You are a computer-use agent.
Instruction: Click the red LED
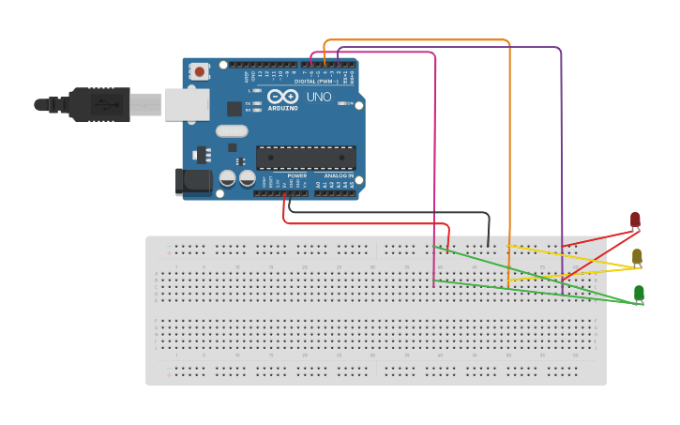[x=635, y=220]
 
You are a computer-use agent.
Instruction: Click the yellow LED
[x=637, y=256]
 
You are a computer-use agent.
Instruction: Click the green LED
[x=639, y=293]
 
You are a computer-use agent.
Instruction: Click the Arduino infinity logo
[x=282, y=97]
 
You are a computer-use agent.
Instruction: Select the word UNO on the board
[x=319, y=97]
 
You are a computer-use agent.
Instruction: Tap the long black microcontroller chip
[x=306, y=159]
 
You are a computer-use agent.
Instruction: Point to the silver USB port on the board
[x=187, y=105]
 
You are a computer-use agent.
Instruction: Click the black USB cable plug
[x=98, y=104]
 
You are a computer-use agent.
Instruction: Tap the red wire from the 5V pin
[x=366, y=223]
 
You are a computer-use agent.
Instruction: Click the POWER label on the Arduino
[x=296, y=175]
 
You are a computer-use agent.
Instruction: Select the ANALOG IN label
[x=339, y=175]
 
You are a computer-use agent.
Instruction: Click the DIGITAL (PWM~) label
[x=318, y=81]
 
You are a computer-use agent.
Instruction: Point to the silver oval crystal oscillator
[x=232, y=131]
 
